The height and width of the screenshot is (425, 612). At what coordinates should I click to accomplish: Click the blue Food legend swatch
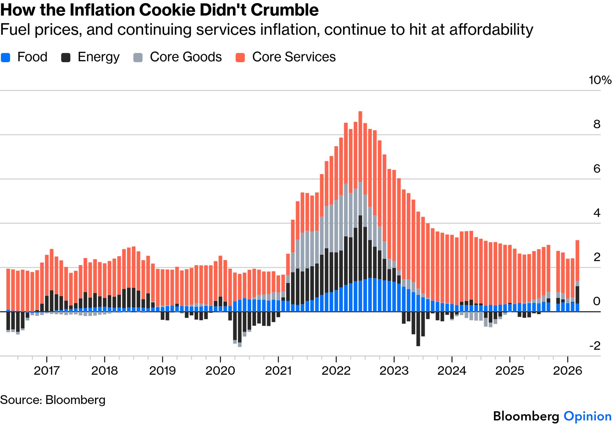tap(5, 58)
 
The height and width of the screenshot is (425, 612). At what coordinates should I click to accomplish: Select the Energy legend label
tap(98, 57)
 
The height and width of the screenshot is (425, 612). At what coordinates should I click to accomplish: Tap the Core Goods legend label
tap(186, 57)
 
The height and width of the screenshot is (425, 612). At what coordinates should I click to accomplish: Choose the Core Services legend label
tap(294, 57)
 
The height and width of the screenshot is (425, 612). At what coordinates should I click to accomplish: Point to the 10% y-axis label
tap(600, 80)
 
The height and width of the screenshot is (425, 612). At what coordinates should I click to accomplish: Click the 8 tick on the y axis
tap(597, 125)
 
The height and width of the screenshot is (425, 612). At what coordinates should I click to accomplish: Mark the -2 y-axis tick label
tap(595, 346)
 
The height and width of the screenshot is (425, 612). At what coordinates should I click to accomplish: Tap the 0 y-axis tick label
tap(597, 302)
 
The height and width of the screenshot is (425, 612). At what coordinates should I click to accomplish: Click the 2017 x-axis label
tap(46, 371)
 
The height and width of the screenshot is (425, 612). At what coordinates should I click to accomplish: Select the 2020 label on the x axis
tap(220, 371)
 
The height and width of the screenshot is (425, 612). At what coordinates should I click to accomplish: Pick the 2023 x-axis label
tap(394, 371)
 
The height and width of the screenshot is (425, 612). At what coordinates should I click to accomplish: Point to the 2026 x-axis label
tap(567, 371)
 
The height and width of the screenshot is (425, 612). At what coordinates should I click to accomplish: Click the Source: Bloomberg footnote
tap(53, 400)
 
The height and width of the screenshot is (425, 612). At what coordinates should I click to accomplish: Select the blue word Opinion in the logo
tap(587, 416)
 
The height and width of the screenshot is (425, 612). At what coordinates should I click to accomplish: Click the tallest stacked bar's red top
tap(360, 147)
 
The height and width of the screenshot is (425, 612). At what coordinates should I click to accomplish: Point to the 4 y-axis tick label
tap(597, 213)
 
